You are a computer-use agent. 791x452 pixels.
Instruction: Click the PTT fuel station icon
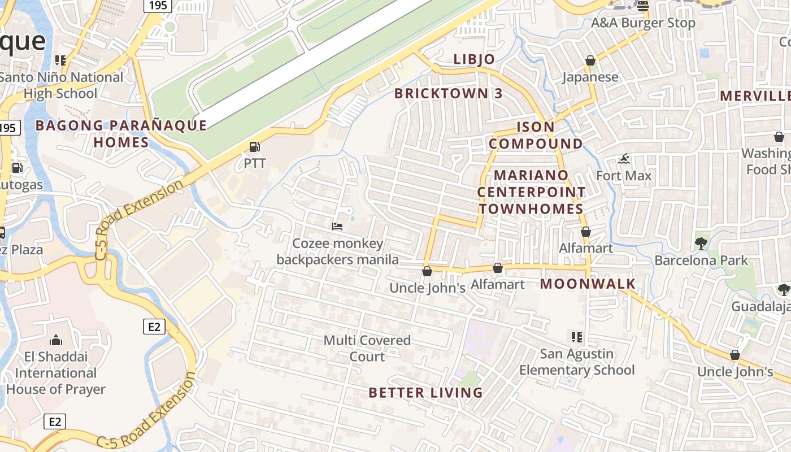click(255, 147)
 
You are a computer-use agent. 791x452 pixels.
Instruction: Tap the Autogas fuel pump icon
click(18, 168)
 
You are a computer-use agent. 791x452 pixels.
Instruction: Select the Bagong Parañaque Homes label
click(121, 133)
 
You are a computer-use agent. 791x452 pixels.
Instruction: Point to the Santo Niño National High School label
click(61, 85)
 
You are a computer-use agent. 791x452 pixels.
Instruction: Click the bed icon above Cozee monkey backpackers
click(337, 227)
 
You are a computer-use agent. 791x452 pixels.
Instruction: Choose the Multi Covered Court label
click(367, 348)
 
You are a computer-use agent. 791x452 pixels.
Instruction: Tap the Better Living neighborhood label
click(425, 393)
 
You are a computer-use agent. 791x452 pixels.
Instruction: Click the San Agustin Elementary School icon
click(577, 337)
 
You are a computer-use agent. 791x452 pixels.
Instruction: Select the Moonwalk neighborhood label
click(588, 284)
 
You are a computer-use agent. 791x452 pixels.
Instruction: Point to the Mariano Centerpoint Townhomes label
click(531, 192)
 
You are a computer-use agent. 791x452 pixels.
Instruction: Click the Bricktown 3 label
click(448, 94)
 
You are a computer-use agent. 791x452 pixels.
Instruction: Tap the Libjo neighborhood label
click(474, 59)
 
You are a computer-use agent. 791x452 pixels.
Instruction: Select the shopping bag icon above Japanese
click(590, 60)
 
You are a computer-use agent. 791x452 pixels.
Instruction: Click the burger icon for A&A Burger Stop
click(642, 6)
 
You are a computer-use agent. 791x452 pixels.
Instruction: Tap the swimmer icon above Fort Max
click(624, 159)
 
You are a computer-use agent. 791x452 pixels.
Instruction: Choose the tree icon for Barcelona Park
click(701, 244)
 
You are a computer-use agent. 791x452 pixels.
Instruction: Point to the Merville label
click(755, 96)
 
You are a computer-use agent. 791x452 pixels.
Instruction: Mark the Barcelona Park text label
click(701, 260)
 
